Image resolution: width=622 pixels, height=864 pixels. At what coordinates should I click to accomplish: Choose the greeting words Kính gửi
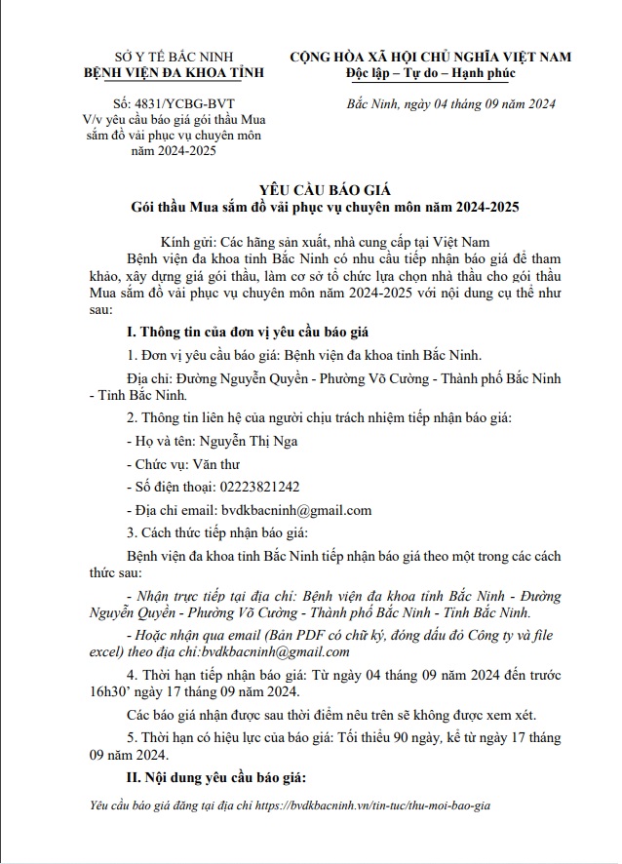click(x=186, y=241)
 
